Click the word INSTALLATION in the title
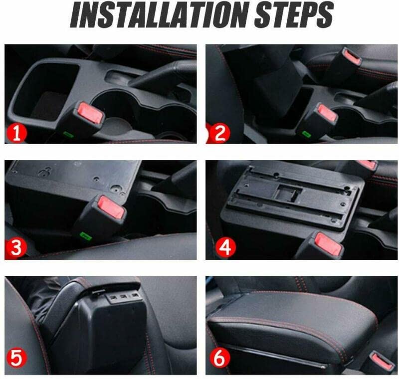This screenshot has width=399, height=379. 160,14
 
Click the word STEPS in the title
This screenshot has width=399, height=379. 293,14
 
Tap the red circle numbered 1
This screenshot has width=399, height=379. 16,133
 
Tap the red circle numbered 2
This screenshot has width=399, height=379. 220,133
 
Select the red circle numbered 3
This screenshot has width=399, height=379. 16,247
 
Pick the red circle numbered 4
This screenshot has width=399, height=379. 225,247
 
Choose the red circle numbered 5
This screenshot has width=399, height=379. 16,358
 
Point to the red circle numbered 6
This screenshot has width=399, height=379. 220,358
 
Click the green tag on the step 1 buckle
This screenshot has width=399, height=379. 68,134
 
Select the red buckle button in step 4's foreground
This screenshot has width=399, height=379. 328,244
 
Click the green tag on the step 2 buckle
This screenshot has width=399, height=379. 305,133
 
